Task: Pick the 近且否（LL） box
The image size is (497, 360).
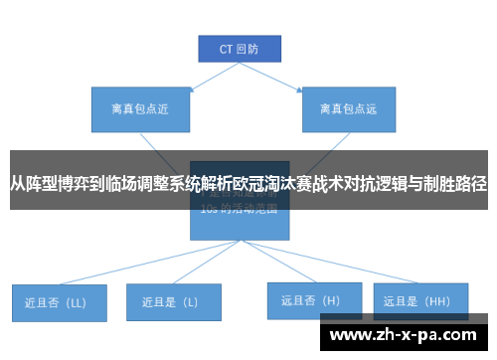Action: [x=58, y=301]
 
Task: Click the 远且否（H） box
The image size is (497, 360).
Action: [x=310, y=299]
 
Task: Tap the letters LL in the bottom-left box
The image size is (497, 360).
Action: [x=77, y=301]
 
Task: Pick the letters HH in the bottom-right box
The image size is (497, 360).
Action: [x=436, y=299]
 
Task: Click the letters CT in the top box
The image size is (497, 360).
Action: [x=226, y=47]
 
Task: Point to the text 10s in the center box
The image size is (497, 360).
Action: [x=209, y=211]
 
